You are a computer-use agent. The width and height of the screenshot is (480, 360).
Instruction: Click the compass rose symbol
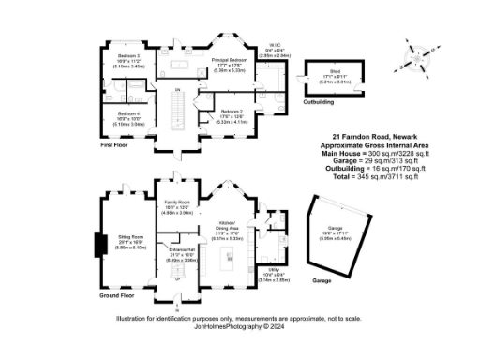415,59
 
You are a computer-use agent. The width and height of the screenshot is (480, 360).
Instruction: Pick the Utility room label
268,277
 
